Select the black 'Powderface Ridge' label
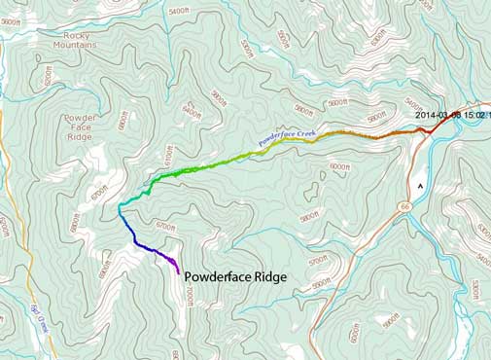[x=235, y=276]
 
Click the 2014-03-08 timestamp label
[x=451, y=114]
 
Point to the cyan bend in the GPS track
[x=121, y=207]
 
